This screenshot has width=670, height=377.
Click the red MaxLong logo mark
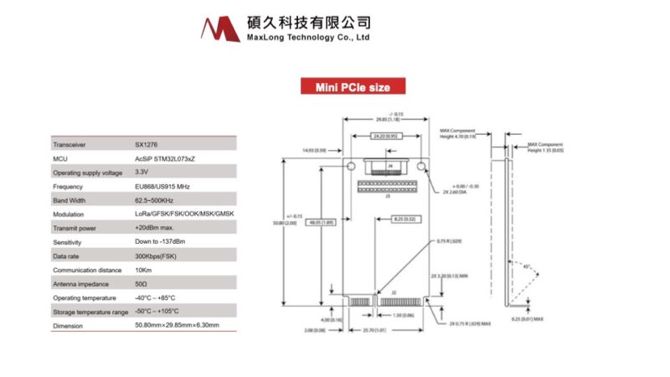(220, 28)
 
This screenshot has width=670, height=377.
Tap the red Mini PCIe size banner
(353, 86)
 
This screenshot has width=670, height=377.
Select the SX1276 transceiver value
(146, 143)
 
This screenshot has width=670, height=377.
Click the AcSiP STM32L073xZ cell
(165, 158)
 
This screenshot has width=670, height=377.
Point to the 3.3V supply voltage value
(143, 172)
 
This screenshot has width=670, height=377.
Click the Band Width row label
(70, 200)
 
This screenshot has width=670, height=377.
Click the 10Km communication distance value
(142, 270)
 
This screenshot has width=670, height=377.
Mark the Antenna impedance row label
(81, 283)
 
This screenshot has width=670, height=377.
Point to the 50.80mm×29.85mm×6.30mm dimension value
(177, 325)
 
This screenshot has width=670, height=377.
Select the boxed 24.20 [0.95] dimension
(386, 136)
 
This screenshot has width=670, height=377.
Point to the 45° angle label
(526, 268)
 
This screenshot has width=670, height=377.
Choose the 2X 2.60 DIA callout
(448, 192)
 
